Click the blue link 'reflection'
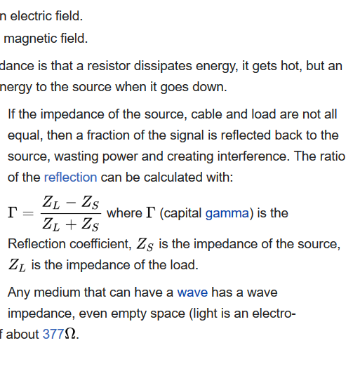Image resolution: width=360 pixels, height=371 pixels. [71, 177]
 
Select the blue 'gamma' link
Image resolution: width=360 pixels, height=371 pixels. [227, 213]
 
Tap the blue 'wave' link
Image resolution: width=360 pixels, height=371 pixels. [192, 292]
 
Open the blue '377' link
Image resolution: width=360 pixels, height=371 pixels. [53, 334]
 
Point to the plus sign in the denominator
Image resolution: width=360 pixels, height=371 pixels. [71, 224]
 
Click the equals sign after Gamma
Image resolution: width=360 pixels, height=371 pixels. [28, 213]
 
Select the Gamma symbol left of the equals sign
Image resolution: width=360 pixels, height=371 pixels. [13, 213]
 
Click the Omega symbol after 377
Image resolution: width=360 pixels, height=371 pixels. [70, 334]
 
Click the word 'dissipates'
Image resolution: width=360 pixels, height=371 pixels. [163, 66]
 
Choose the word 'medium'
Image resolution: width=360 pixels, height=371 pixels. [57, 292]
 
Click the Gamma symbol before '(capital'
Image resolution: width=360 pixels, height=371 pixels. [151, 213]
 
